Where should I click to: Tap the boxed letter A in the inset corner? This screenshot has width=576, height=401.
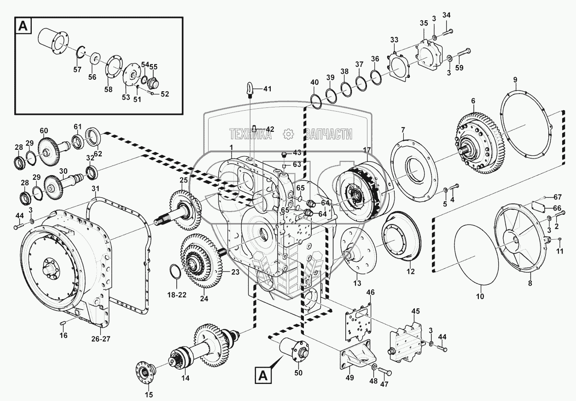(23, 27)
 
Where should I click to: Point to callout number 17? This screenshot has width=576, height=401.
(367, 149)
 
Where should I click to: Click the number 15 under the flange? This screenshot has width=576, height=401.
(149, 395)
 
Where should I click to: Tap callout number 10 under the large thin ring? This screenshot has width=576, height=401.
(480, 297)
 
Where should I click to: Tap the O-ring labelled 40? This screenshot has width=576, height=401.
(317, 101)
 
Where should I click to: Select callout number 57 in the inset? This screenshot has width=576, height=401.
(77, 70)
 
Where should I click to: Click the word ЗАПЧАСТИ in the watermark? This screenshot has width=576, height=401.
(328, 134)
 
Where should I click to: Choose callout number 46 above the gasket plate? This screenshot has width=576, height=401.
(370, 293)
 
